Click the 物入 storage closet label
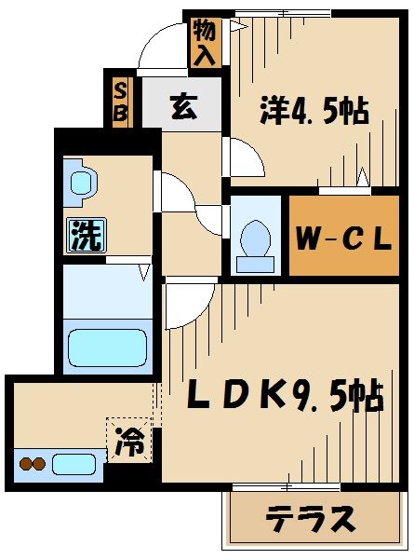point(205,42)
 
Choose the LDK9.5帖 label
point(286,398)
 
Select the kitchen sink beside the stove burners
point(73,463)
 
